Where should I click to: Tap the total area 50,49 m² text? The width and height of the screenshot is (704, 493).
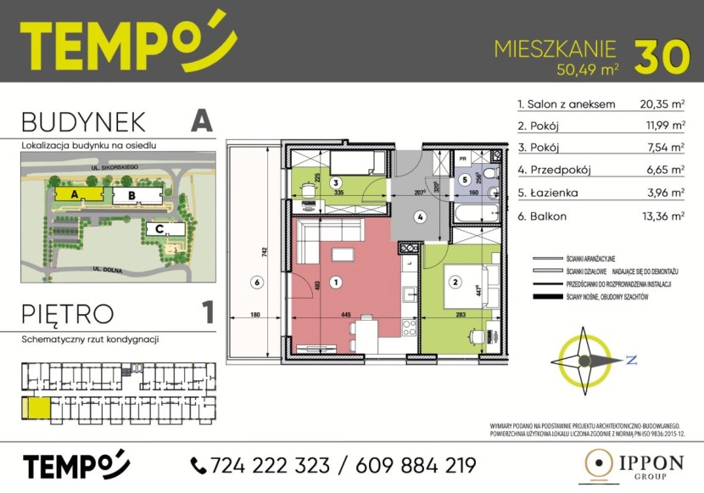[584, 70]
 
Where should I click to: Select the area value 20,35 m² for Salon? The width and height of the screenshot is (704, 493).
[662, 105]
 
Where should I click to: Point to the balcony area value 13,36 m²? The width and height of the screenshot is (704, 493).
[662, 216]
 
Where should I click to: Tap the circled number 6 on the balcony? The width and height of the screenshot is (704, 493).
[253, 282]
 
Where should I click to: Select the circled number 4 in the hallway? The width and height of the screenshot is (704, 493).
[419, 216]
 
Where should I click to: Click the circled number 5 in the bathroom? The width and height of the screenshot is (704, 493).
[465, 179]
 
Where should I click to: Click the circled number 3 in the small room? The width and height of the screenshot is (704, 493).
[336, 182]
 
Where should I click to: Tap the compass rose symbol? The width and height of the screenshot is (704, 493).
[584, 361]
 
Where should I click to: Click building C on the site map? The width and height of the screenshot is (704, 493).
[159, 228]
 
